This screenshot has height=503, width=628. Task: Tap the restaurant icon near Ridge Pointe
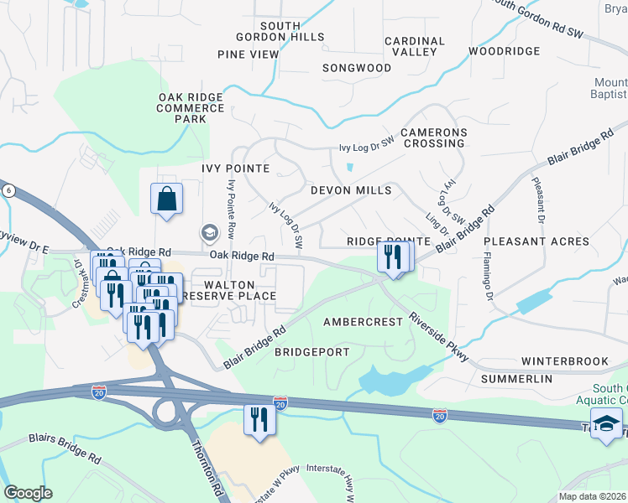pos(393,256)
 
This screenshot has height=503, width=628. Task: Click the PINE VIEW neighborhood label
pos(248,54)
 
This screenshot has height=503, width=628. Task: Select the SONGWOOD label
pos(357,68)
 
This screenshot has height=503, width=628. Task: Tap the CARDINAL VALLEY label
pos(415,46)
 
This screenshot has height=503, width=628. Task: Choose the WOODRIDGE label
pos(505,51)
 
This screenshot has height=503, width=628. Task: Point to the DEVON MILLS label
pos(351,190)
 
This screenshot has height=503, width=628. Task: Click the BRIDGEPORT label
pos(311,352)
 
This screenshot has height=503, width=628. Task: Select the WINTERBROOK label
pos(564,361)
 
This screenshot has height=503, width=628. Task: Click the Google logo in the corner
pos(29,493)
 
